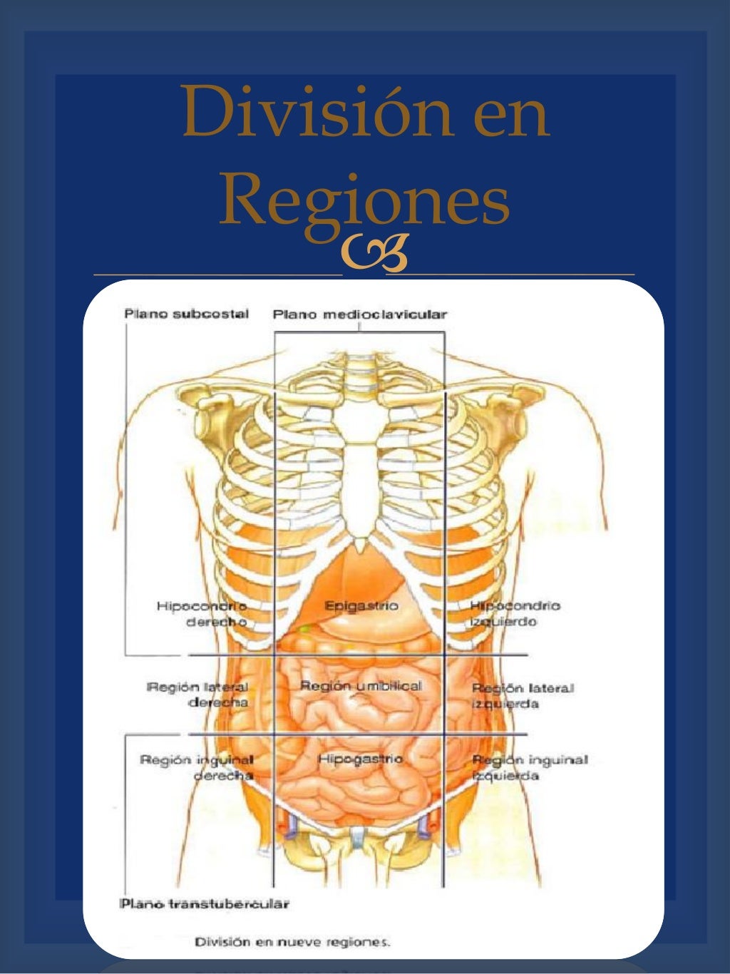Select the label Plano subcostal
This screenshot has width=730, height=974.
[x=186, y=314]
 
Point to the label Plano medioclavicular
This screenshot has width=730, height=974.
[x=360, y=314]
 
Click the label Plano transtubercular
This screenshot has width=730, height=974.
[x=205, y=904]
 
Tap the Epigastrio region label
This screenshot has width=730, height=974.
[x=361, y=606]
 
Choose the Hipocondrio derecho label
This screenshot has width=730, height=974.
[x=202, y=614]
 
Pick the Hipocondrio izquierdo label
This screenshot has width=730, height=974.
[x=514, y=613]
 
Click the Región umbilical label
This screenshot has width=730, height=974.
[x=361, y=686]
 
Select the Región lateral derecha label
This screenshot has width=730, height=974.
[x=198, y=694]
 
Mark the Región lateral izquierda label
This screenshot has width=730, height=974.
[x=523, y=696]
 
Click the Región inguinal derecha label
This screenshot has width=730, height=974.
[x=197, y=767]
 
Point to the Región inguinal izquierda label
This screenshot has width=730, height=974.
[x=529, y=767]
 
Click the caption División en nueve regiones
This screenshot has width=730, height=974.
[x=293, y=942]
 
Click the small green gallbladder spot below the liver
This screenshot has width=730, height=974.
[x=306, y=630]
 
